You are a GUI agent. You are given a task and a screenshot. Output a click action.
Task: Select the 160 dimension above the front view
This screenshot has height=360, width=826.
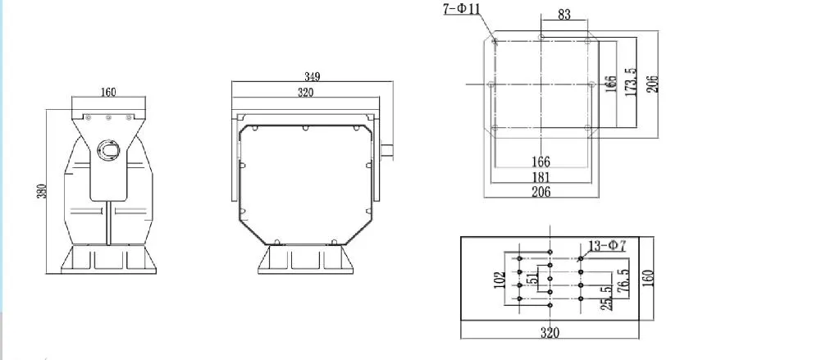click(x=108, y=93)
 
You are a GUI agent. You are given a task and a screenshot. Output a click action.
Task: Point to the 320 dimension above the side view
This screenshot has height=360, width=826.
click(x=305, y=93)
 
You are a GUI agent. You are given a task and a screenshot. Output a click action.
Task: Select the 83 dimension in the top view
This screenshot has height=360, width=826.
click(x=564, y=14)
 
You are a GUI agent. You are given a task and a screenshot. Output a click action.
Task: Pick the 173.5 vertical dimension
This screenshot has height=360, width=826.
click(x=630, y=83)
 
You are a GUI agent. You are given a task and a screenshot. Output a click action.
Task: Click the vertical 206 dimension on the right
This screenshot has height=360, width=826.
click(x=652, y=83)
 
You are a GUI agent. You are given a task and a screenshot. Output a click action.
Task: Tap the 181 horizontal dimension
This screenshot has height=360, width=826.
click(x=541, y=176)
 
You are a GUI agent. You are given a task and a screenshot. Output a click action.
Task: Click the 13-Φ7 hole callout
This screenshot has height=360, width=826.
click(x=608, y=246)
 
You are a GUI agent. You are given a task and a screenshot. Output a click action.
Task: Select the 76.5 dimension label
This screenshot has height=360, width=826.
click(x=624, y=281)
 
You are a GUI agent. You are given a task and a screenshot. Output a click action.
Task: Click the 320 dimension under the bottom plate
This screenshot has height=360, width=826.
click(x=550, y=332)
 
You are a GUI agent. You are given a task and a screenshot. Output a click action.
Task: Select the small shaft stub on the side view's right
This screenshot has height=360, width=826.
click(x=388, y=148)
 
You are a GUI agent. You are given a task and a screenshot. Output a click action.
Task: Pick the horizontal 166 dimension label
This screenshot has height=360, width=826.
click(x=541, y=162)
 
